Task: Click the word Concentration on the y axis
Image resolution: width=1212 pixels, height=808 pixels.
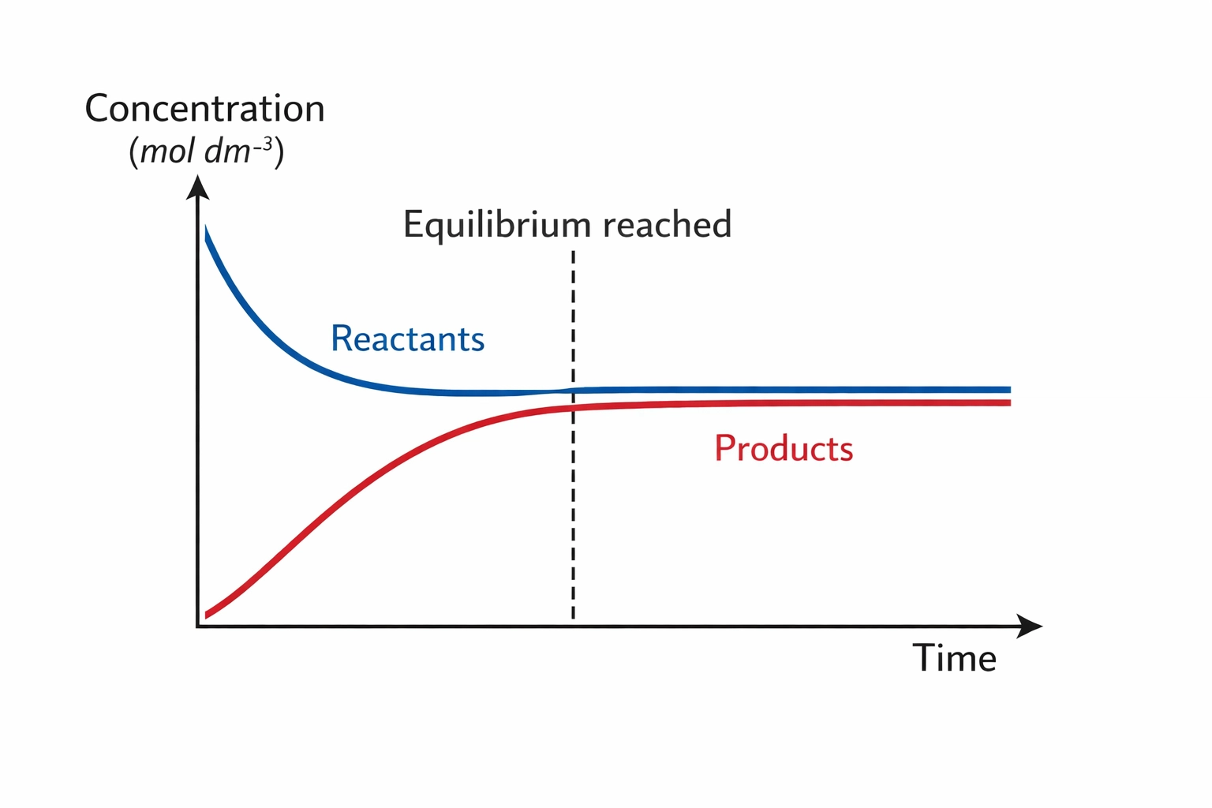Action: (204, 109)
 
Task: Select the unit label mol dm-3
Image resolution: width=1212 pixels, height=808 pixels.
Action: (206, 151)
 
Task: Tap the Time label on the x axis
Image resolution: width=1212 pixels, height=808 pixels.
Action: (954, 658)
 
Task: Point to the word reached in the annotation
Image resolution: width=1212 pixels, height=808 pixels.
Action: (668, 225)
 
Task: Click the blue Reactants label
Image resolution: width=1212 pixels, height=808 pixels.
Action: (407, 339)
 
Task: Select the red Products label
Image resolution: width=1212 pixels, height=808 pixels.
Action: (784, 448)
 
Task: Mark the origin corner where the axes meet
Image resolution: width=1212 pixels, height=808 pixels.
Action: (197, 627)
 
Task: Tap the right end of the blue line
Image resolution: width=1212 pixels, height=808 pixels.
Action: (1009, 389)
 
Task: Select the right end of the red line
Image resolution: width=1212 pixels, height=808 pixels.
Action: (1009, 402)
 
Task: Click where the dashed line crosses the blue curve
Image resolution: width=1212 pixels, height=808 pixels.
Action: (573, 390)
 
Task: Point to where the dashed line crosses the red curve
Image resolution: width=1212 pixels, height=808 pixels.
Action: (573, 407)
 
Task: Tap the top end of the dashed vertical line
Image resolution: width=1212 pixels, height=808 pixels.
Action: (573, 253)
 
